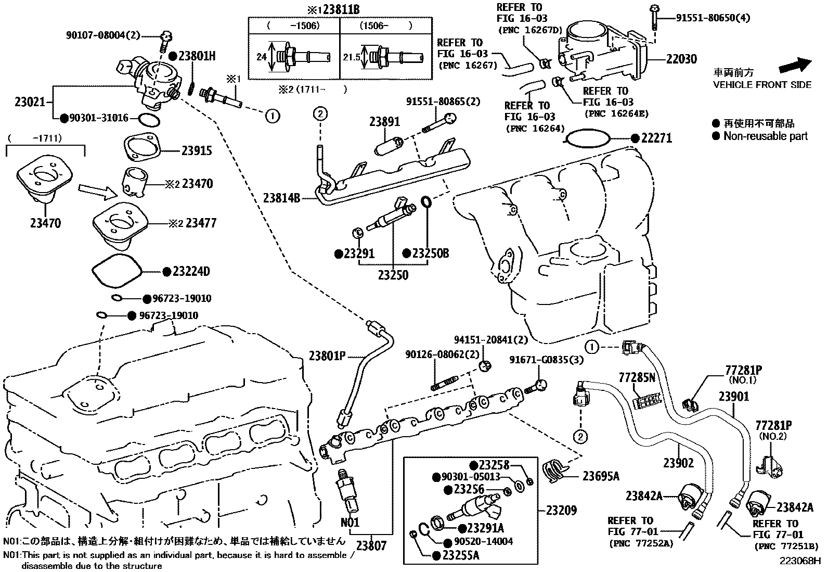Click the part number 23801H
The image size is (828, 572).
(197, 56)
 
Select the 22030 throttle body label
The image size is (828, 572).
(681, 59)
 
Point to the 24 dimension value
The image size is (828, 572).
(261, 57)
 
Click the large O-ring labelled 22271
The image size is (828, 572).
(588, 138)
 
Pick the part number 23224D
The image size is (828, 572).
(191, 272)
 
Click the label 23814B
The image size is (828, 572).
(281, 198)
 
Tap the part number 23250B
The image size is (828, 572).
(431, 253)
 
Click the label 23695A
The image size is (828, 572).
(601, 476)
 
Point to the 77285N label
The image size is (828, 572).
(637, 377)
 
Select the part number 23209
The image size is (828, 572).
(561, 511)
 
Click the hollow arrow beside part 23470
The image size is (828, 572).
(98, 192)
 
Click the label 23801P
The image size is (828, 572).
(327, 356)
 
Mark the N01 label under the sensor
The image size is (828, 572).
(350, 523)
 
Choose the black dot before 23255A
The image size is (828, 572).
(436, 555)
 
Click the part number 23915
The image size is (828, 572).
(197, 150)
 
